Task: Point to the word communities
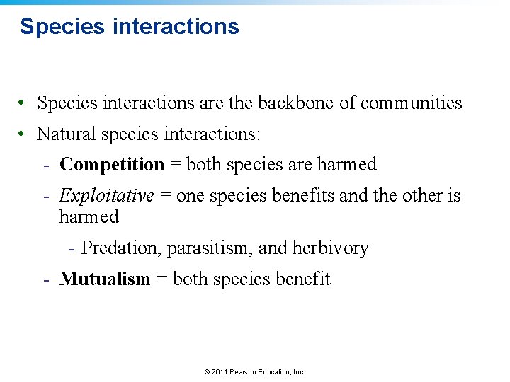pyautogui.click(x=411, y=103)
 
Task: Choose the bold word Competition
pyautogui.click(x=112, y=164)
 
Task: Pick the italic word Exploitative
pyautogui.click(x=107, y=195)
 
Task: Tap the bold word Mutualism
pyautogui.click(x=105, y=279)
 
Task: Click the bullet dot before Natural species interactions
pyautogui.click(x=23, y=133)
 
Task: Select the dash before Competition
pyautogui.click(x=45, y=164)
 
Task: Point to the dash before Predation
pyautogui.click(x=72, y=248)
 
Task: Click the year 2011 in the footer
pyautogui.click(x=220, y=371)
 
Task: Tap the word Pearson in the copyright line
pyautogui.click(x=245, y=371)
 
